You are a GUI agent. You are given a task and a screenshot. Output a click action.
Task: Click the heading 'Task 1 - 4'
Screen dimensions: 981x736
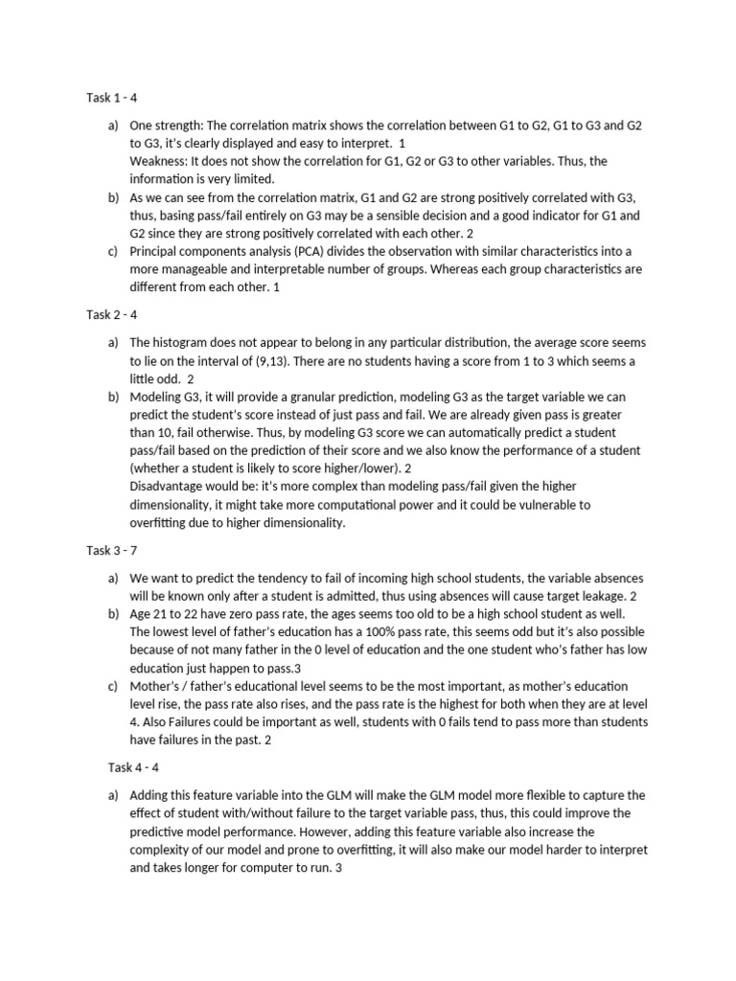coord(111,97)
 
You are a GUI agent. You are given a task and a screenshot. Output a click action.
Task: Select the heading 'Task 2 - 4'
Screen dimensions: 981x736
coord(111,313)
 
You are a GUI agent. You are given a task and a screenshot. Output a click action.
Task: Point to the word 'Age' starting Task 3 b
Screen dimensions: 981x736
coord(141,614)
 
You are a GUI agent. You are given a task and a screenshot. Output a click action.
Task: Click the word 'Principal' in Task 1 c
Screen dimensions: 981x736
coord(156,251)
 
